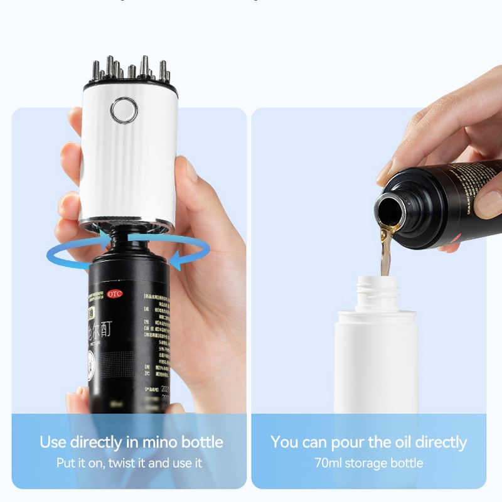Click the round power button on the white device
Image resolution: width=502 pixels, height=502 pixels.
point(124,110)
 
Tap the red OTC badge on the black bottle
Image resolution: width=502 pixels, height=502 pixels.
point(114,293)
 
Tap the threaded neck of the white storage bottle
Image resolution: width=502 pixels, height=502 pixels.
point(377,291)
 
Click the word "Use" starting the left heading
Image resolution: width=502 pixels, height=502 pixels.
point(53,442)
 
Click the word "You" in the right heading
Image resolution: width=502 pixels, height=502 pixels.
point(285,442)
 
